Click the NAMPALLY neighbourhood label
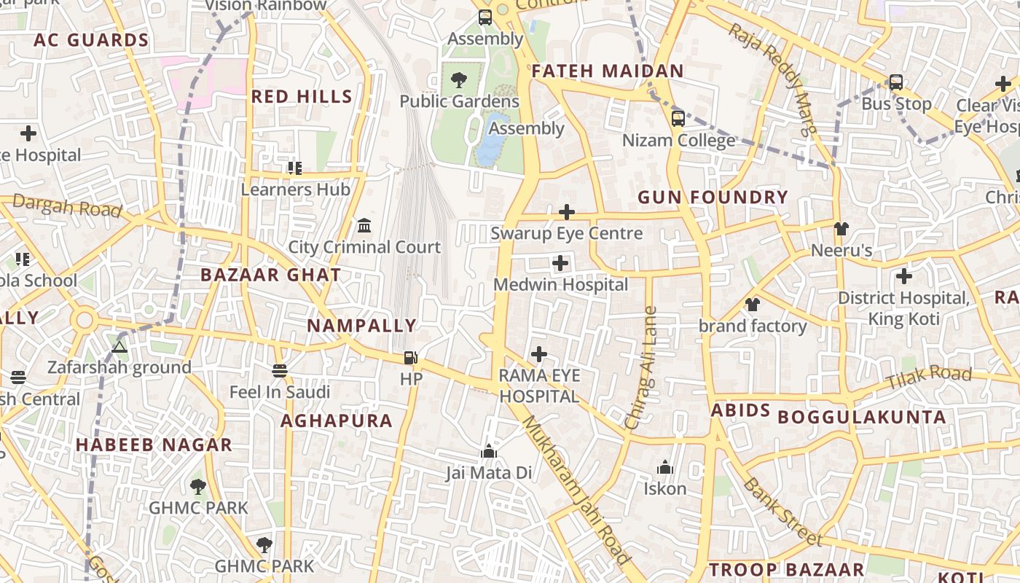pos(361,326)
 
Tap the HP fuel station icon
pos(411,358)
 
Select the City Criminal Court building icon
pos(364,226)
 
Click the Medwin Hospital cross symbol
pos(560,263)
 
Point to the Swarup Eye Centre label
pos(566,233)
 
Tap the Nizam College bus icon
pos(678,119)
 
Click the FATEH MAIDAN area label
pos(608,71)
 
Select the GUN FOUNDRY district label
pos(713,197)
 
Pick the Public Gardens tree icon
pos(459,80)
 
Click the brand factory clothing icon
pos(753,305)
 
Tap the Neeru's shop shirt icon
pos(841,229)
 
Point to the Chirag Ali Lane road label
pos(641,368)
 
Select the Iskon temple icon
pos(664,467)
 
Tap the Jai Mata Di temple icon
pos(489,452)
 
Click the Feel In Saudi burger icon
pos(280,371)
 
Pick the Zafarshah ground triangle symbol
pos(119,347)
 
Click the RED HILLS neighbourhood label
pos(302,96)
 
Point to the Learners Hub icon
pos(295,168)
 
